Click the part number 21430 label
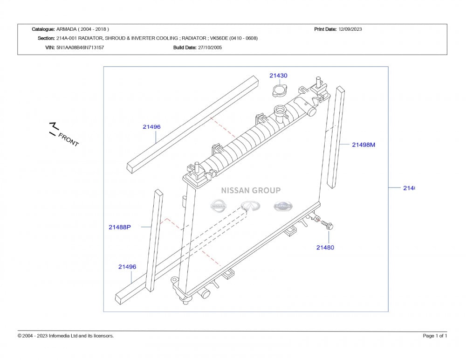[278, 76]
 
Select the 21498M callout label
[363, 145]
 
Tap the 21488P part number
[120, 227]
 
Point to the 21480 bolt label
[325, 248]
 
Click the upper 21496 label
[152, 126]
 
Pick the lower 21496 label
[127, 267]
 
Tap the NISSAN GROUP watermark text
[251, 190]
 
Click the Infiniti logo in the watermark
[251, 206]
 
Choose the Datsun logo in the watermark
[282, 206]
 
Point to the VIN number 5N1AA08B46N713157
[80, 48]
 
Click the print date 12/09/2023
[350, 29]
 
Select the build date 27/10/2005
[210, 48]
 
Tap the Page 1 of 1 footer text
[435, 336]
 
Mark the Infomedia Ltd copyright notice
[66, 336]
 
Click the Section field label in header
[46, 38]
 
